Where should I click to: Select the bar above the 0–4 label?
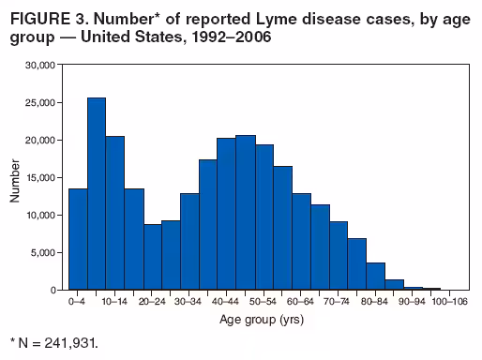coord(78,239)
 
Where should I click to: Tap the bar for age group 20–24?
coord(152,257)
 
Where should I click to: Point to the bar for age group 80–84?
coord(375,277)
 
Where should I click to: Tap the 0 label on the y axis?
coord(59,290)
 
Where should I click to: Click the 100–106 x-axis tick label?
coord(449,303)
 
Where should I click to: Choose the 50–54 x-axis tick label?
coord(264,303)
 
